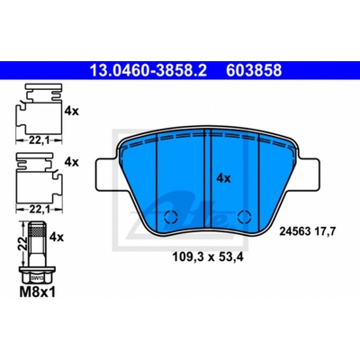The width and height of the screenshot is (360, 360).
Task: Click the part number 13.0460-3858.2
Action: pos(148,70)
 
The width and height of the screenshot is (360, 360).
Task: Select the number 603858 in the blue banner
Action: pos(254,70)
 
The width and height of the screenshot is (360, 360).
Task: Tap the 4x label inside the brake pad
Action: pos(223,179)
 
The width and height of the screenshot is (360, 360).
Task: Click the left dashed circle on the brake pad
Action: pos(171,217)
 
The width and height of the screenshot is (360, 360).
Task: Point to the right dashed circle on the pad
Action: pos(244,217)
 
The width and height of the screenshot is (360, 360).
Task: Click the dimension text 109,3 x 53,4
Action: pos(207,257)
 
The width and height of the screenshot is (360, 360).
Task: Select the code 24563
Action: pos(294,231)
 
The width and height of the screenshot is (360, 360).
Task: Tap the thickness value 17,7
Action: pos(323,232)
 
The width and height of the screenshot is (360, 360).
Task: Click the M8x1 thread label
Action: pos(38,292)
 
